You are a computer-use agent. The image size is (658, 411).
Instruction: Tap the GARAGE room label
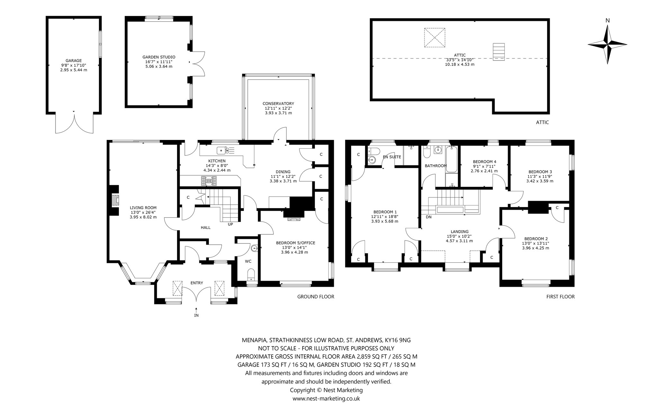tap(74, 60)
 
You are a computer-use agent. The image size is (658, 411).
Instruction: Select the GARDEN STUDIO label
tap(159, 57)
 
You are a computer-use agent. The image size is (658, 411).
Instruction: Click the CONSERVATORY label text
tap(278, 103)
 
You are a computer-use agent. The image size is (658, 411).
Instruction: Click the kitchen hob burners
tap(209, 181)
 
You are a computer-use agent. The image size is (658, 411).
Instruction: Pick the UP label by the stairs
tap(230, 224)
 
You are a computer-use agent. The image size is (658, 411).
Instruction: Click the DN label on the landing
tap(429, 217)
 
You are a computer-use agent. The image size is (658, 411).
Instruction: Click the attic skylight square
tap(435, 38)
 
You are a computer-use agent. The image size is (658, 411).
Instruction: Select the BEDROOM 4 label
tap(485, 162)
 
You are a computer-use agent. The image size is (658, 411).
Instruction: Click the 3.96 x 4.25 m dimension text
tap(536, 248)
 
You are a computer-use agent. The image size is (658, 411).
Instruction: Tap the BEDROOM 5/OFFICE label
tap(296, 243)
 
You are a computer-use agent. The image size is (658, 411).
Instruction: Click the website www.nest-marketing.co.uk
tap(326, 398)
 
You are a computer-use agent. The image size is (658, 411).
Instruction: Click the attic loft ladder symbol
tap(499, 52)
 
